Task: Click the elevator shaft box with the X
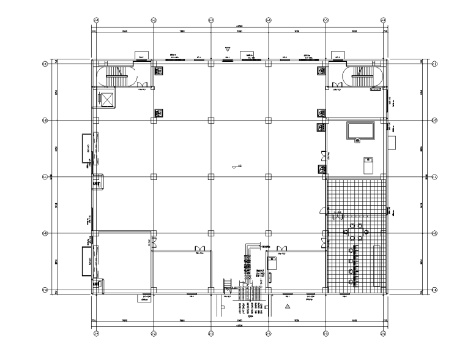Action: tap(106, 99)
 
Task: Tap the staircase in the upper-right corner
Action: tap(363, 76)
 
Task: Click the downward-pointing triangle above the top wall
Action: tap(228, 48)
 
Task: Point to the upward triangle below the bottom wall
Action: tap(287, 304)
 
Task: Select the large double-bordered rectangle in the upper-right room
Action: tap(360, 130)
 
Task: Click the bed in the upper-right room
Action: tap(367, 165)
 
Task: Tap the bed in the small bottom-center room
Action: tap(273, 263)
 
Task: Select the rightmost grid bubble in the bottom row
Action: tap(383, 334)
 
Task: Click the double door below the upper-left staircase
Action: tap(141, 85)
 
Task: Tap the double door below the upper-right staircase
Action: tap(335, 85)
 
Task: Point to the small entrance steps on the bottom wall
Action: tap(227, 284)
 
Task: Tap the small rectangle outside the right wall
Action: tap(392, 143)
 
